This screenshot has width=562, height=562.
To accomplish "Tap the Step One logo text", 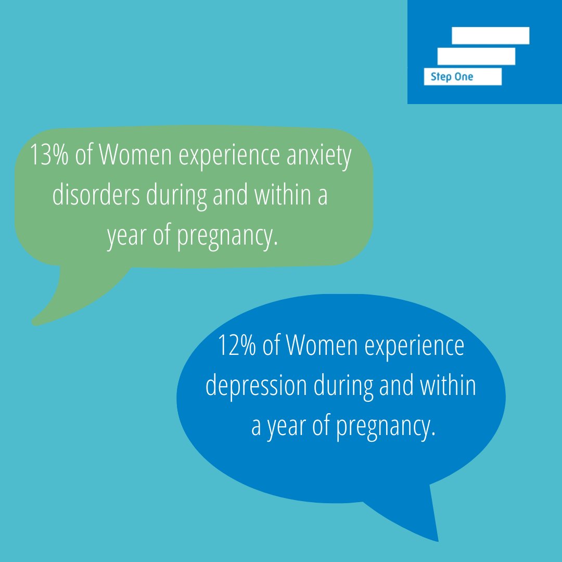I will (452, 77).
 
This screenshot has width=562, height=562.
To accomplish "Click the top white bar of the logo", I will (490, 36).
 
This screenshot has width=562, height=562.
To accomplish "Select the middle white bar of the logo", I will (476, 56).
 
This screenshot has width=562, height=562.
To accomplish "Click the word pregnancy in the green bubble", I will (225, 237).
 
